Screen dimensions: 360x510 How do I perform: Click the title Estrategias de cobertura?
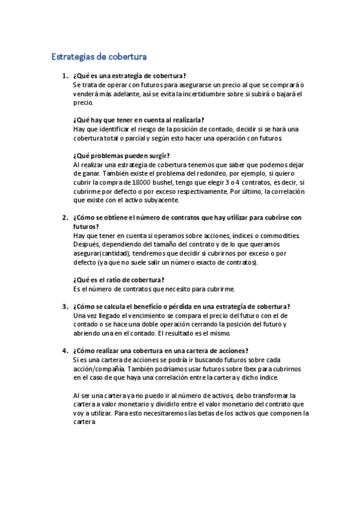tap(99, 57)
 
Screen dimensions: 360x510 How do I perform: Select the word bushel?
tap(165, 182)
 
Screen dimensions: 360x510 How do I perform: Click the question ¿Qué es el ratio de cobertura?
tap(118, 280)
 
